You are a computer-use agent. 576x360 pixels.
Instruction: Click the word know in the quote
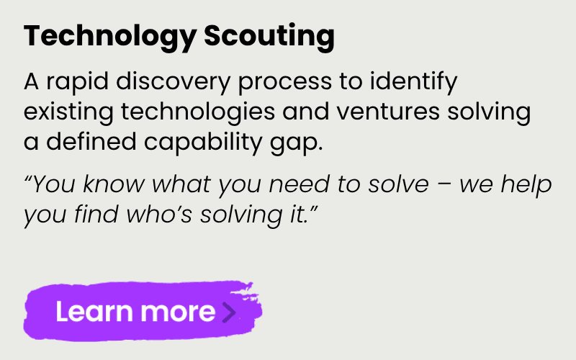click(116, 184)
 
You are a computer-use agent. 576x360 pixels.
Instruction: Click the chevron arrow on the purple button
click(229, 312)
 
